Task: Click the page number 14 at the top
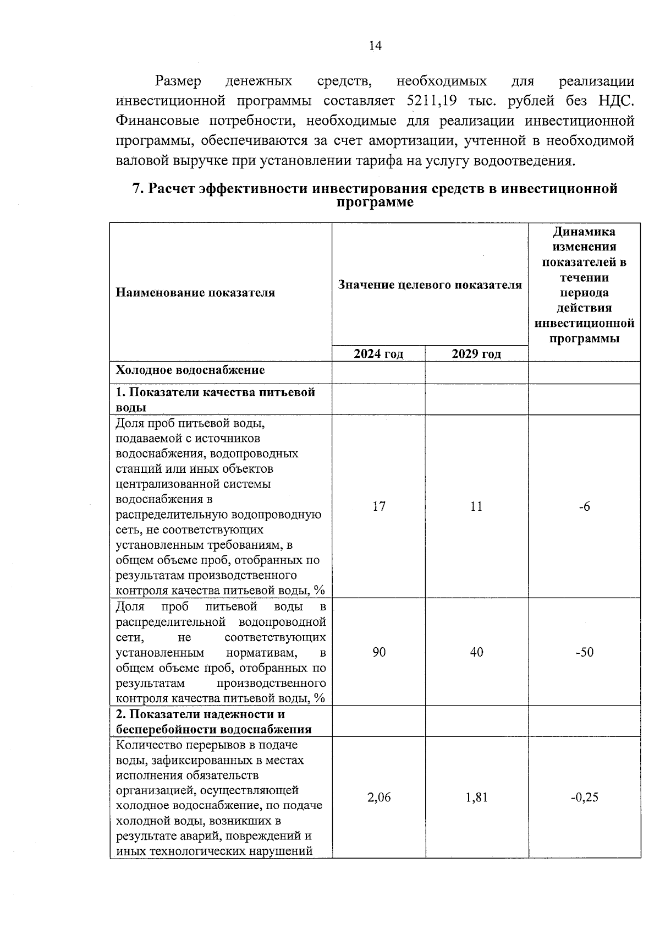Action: point(375,46)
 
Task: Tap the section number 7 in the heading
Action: point(137,189)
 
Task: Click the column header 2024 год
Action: point(378,354)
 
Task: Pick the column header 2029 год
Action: point(476,354)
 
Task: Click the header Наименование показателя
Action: point(195,293)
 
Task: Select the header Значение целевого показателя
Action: point(430,285)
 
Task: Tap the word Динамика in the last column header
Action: point(584,232)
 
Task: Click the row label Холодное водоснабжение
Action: point(190,370)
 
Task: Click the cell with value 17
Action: point(378,506)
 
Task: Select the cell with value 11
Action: point(476,506)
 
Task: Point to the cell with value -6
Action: point(584,506)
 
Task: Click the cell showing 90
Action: point(378,652)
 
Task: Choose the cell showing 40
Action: point(476,652)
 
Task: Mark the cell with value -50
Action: point(584,652)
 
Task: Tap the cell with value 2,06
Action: point(378,798)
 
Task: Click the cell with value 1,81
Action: point(476,798)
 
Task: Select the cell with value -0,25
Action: point(584,798)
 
